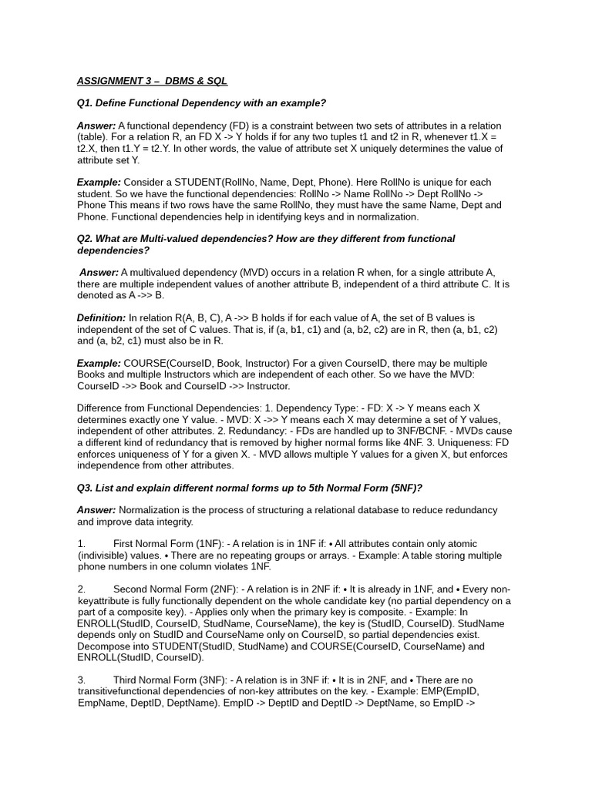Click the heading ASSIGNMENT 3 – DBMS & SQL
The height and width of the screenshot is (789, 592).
152,81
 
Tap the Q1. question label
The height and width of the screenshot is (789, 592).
86,103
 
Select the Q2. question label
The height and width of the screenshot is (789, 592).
86,239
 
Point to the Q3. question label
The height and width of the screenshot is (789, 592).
86,488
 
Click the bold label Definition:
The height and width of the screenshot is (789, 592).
101,318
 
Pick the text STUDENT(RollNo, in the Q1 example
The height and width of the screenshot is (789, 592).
211,183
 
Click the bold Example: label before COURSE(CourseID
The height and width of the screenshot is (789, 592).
99,364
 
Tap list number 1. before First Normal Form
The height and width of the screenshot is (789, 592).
82,544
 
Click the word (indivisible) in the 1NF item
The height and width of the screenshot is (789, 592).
105,556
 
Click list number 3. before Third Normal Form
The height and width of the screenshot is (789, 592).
82,680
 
